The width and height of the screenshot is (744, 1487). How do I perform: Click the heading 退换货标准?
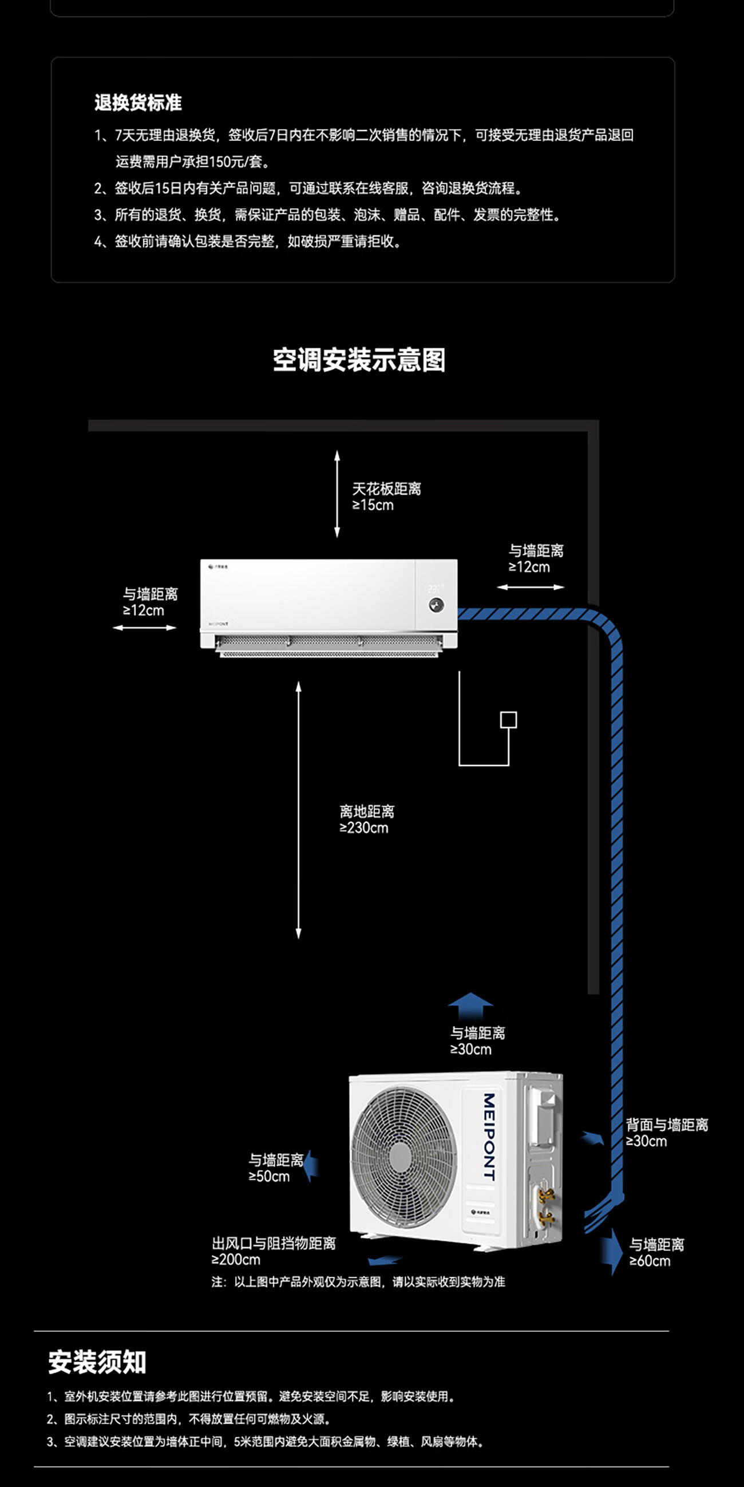point(138,102)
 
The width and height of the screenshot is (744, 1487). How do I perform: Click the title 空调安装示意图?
point(359,360)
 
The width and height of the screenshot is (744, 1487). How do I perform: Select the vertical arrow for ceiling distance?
point(337,494)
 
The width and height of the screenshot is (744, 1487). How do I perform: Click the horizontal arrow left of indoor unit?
point(144,628)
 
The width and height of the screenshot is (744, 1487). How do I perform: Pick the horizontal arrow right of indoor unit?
point(531,587)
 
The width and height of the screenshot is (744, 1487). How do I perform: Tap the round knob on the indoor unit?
point(436,606)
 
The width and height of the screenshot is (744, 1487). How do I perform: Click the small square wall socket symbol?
point(509,719)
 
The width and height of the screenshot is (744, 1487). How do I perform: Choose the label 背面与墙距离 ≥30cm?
point(666,1133)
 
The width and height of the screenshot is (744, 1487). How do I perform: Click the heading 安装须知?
point(97,1362)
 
